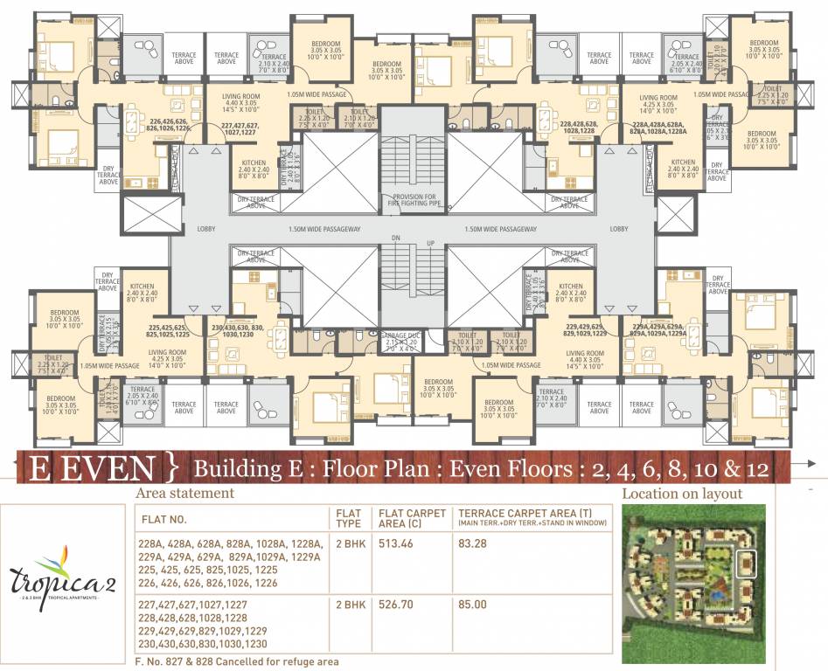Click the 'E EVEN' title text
tap(87, 468)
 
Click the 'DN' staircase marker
tap(395, 238)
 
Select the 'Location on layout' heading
tap(682, 494)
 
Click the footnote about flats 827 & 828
tap(237, 661)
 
